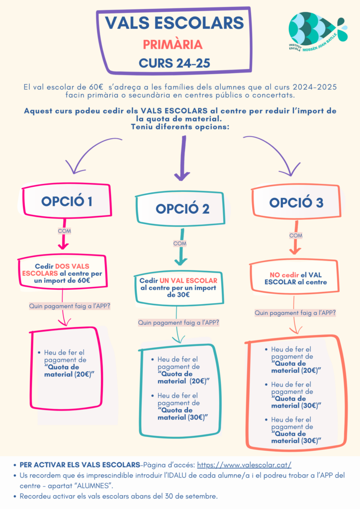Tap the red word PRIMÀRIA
(173, 45)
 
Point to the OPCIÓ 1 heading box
(67, 201)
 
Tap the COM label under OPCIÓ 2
(180, 244)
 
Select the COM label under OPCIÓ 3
(295, 235)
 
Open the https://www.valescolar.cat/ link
(244, 465)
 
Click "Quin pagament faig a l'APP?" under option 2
(179, 323)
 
